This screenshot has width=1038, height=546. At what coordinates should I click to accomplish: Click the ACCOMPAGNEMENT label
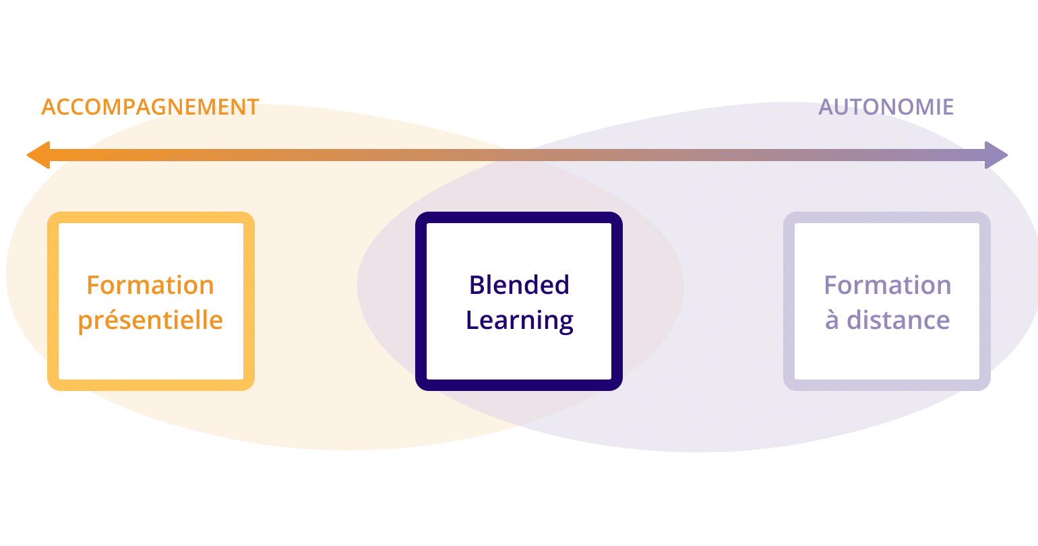pyautogui.click(x=150, y=107)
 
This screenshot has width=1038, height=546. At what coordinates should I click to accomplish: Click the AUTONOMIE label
pyautogui.click(x=886, y=107)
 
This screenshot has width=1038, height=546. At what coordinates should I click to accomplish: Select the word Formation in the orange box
pyautogui.click(x=150, y=285)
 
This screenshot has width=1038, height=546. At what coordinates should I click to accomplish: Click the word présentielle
pyautogui.click(x=150, y=320)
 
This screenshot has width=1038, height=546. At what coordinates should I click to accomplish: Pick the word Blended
pyautogui.click(x=519, y=285)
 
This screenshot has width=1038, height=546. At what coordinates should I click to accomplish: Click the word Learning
pyautogui.click(x=519, y=320)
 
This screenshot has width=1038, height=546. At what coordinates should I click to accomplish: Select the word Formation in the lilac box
pyautogui.click(x=887, y=285)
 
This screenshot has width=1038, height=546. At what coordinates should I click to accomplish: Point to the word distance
pyautogui.click(x=898, y=320)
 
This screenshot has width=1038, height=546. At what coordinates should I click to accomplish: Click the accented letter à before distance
pyautogui.click(x=832, y=320)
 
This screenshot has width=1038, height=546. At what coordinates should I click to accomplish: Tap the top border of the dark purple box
pyautogui.click(x=519, y=218)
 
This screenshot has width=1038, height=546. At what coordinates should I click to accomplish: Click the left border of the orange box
pyautogui.click(x=53, y=301)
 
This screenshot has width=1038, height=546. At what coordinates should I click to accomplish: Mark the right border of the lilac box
pyautogui.click(x=985, y=301)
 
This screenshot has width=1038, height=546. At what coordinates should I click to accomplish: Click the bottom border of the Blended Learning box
pyautogui.click(x=519, y=385)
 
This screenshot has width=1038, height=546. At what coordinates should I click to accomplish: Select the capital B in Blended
pyautogui.click(x=477, y=285)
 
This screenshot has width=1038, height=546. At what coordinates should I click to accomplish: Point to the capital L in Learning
pyautogui.click(x=472, y=320)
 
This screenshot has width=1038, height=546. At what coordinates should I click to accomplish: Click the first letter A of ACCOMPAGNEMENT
pyautogui.click(x=49, y=107)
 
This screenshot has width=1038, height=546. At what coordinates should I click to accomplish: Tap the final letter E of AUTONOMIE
pyautogui.click(x=947, y=107)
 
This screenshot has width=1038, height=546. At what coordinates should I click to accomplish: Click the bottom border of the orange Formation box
pyautogui.click(x=151, y=385)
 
